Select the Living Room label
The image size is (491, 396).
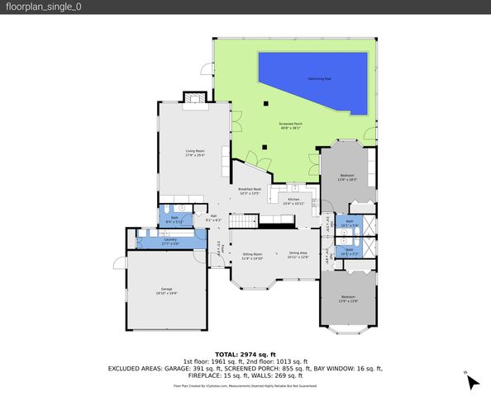(x=194, y=152)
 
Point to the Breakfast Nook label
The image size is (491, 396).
(x=250, y=191)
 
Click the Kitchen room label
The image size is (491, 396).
(x=294, y=200)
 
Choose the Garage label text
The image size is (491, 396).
(x=166, y=291)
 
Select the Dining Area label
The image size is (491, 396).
(x=298, y=256)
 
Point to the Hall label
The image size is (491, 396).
(x=213, y=219)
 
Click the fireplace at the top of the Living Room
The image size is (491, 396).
(x=193, y=101)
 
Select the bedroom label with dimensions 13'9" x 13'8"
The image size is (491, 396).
(x=348, y=298)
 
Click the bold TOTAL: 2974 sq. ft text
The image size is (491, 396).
(x=245, y=353)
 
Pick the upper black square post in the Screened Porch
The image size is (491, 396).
(x=265, y=103)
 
